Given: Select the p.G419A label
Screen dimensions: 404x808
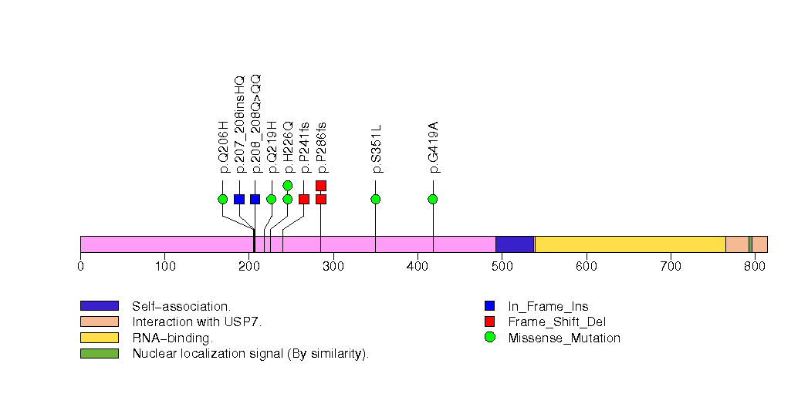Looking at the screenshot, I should click(x=433, y=146).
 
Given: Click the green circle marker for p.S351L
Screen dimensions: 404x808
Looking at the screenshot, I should click(x=376, y=199).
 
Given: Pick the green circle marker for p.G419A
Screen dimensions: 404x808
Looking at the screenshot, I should click(x=433, y=199).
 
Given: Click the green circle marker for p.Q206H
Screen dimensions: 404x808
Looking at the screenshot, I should click(x=223, y=199).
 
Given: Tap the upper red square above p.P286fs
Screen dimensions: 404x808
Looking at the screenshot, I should click(x=321, y=185).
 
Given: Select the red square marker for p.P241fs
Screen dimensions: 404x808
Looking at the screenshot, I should click(x=304, y=199).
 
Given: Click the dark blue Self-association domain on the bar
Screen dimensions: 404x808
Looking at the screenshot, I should click(x=515, y=244).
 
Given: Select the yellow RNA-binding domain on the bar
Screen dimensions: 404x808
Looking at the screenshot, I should click(x=630, y=244).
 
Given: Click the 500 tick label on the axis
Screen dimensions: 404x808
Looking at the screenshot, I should click(x=502, y=267).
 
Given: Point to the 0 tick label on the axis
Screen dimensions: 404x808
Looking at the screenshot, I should click(x=81, y=267).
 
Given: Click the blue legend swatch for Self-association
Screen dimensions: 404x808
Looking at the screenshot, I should click(x=99, y=306).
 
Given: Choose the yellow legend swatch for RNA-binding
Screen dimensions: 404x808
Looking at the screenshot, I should click(x=99, y=338).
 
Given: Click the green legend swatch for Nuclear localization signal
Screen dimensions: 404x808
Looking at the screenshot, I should click(x=99, y=354).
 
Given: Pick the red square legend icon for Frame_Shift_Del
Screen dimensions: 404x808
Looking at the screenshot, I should click(x=489, y=322).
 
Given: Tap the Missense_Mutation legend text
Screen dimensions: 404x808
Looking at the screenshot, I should click(x=564, y=338).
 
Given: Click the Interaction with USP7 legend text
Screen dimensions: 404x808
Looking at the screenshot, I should click(x=197, y=322).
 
